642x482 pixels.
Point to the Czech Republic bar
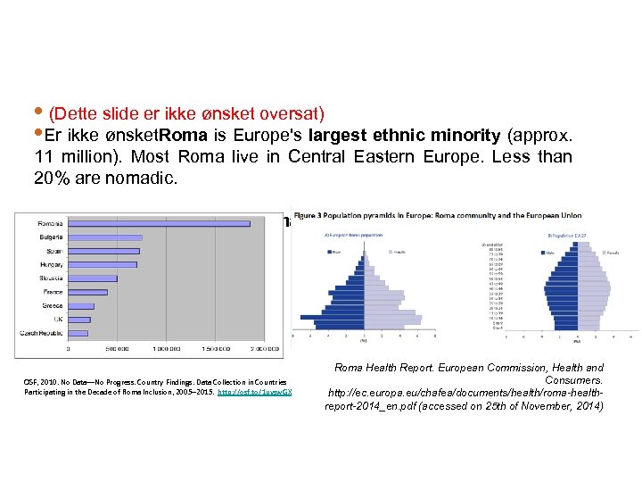pos(77,333)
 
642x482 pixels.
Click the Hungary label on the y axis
pos(50,264)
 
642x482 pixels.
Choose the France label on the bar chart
pos(52,292)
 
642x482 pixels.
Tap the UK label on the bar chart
pos(57,319)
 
